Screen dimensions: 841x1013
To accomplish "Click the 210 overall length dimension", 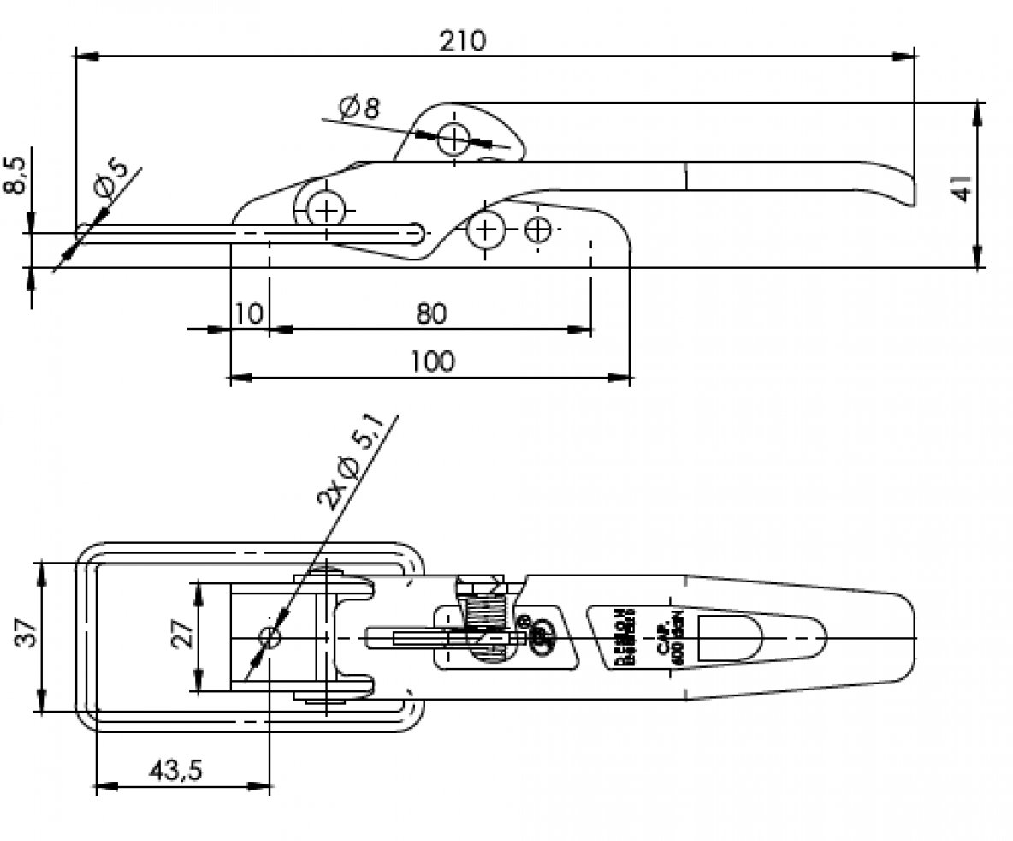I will click(463, 41).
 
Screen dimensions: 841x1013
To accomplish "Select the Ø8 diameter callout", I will click(358, 109).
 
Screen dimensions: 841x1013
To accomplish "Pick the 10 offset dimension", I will click(248, 314).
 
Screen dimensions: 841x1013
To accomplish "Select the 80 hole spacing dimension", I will click(432, 314).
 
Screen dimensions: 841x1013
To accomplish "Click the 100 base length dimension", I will click(432, 361).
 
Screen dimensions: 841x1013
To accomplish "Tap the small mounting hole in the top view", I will click(270, 638).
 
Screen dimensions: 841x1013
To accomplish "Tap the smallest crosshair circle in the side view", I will click(538, 230).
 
